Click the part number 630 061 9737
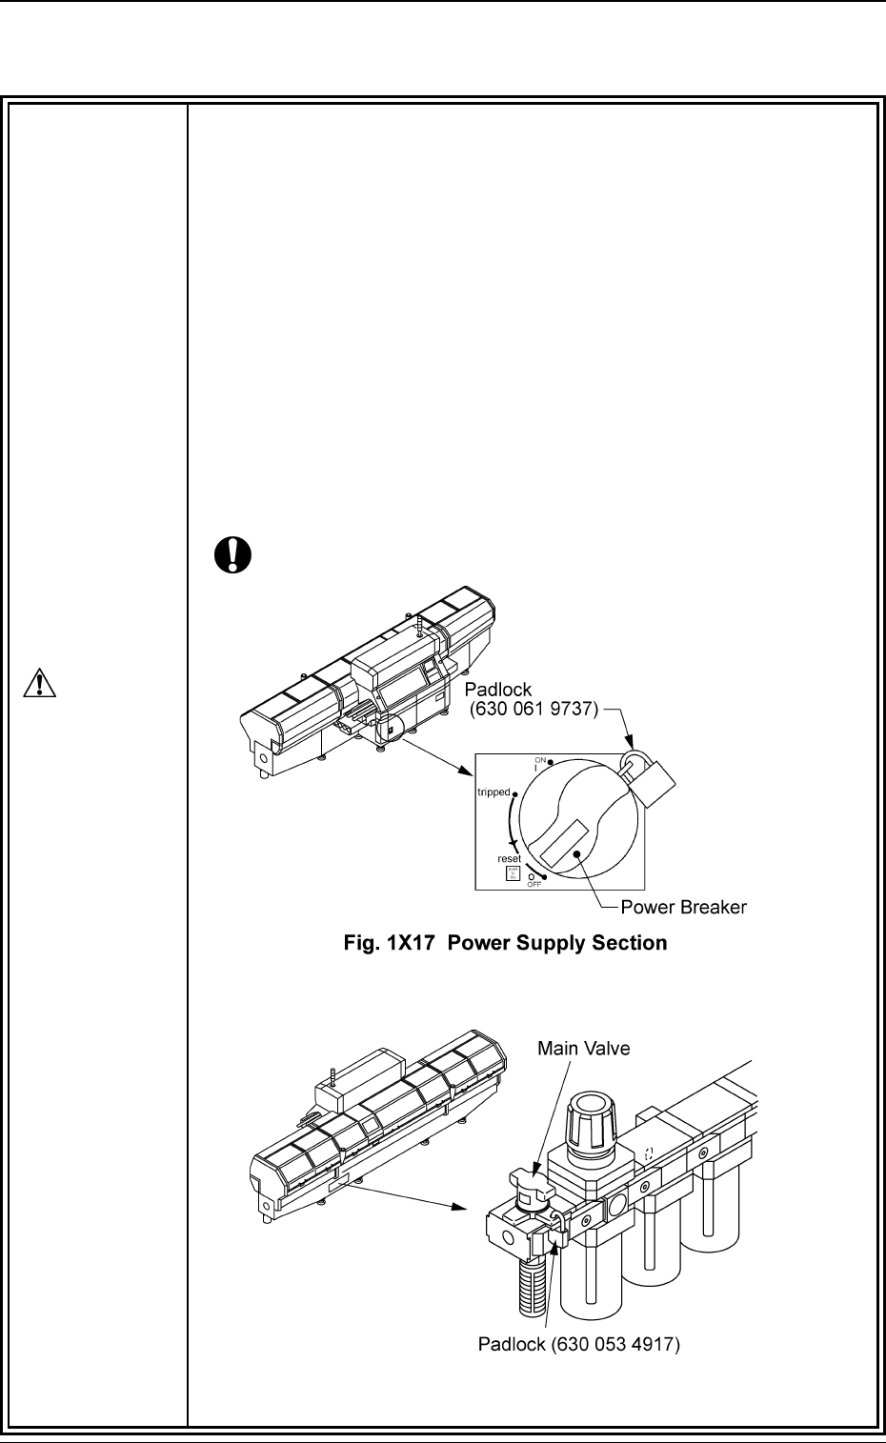(533, 709)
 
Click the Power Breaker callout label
(683, 907)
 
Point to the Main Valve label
(583, 1049)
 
